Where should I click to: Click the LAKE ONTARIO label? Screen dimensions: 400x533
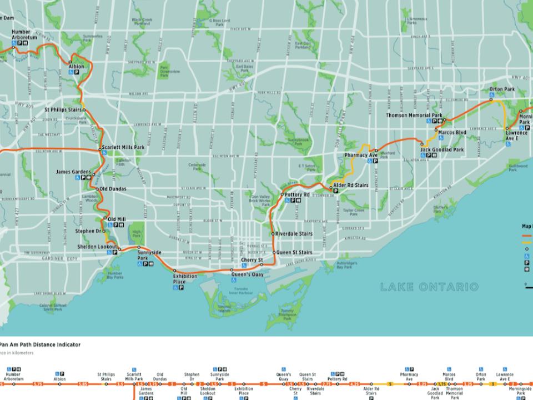[x=429, y=287]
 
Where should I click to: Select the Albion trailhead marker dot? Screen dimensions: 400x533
[x=70, y=62]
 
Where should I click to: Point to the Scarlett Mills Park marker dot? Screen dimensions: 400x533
[x=100, y=149]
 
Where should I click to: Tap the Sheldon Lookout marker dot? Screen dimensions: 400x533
[x=118, y=247]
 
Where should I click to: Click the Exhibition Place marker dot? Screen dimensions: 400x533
[x=175, y=271]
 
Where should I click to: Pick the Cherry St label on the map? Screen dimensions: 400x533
[x=251, y=260]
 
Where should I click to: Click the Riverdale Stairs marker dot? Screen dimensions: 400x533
[x=272, y=234]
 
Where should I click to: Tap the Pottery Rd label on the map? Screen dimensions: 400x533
[x=296, y=194]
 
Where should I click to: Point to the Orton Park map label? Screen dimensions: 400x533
[x=502, y=89]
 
